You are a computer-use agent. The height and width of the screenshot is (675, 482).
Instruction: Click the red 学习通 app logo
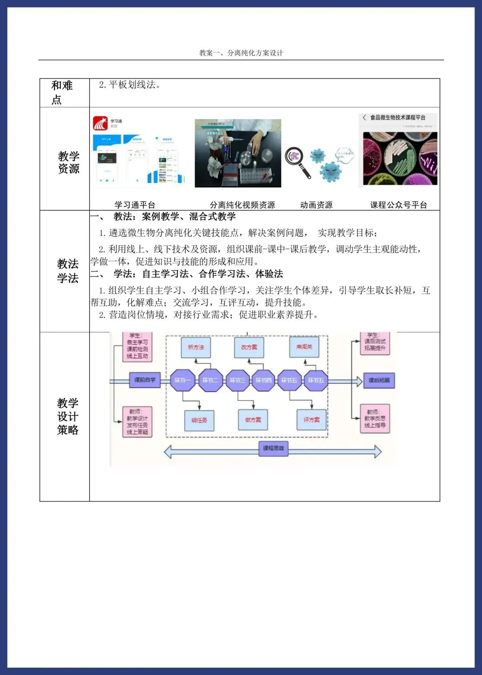(100, 123)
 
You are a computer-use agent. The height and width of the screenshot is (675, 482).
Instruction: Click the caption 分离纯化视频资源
(242, 205)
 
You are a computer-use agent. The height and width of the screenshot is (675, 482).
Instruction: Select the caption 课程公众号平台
(399, 205)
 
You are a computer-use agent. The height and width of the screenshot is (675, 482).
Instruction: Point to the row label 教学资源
(68, 162)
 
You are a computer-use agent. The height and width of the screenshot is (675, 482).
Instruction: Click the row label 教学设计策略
(68, 416)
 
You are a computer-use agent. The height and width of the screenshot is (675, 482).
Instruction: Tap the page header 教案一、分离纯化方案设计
(241, 53)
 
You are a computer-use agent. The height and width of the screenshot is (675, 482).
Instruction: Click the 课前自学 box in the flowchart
(145, 380)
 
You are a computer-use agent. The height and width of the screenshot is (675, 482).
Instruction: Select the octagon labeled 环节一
(182, 381)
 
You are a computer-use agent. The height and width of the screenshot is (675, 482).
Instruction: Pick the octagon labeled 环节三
(237, 381)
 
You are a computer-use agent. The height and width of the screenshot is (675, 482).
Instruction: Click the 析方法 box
(196, 347)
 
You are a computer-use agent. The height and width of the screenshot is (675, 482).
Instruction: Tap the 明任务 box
(199, 420)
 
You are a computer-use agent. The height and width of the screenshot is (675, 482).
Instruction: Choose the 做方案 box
(253, 420)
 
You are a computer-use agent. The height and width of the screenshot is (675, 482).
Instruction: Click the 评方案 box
(312, 420)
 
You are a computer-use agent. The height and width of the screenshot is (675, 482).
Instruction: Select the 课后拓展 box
(379, 381)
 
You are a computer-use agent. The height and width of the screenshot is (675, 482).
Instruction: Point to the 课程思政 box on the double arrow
(273, 448)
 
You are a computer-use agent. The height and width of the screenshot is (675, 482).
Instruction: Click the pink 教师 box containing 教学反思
(375, 418)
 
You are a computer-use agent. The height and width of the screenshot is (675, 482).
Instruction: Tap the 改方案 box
(249, 347)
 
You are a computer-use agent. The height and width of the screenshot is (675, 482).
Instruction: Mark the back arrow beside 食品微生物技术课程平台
(365, 117)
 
